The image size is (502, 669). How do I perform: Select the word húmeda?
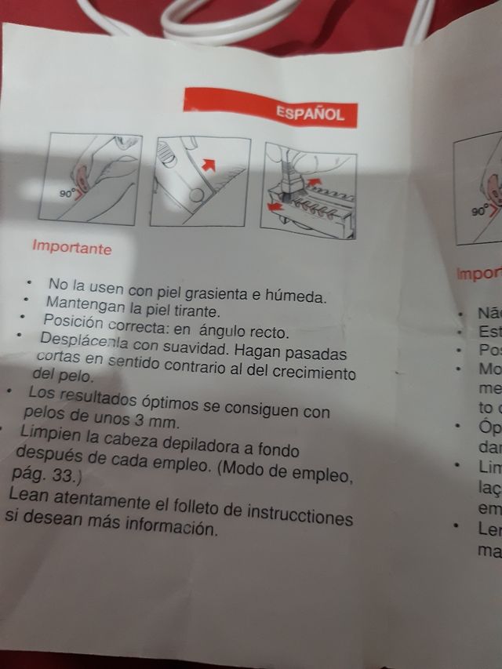298,296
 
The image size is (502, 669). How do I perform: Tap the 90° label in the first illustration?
68,191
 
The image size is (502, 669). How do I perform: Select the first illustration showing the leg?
90,180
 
